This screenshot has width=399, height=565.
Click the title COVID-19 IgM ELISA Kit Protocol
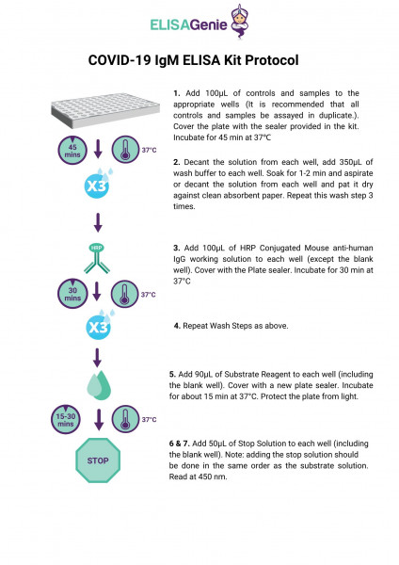click(193, 60)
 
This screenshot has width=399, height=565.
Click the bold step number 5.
click(177, 373)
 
